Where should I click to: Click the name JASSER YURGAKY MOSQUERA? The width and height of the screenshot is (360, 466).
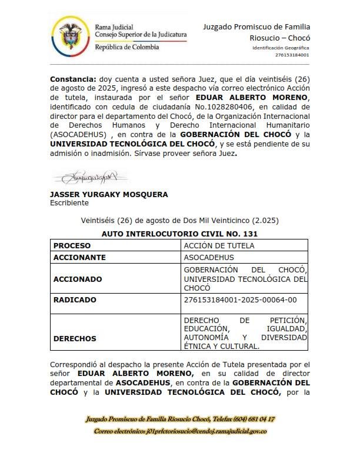(x=109, y=194)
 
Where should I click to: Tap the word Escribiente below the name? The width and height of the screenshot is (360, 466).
(x=69, y=202)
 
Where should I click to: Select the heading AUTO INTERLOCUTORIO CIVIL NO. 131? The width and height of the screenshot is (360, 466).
(x=180, y=234)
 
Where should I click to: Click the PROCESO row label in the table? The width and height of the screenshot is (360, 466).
(x=74, y=245)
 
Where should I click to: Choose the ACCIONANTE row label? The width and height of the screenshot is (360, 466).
(x=80, y=257)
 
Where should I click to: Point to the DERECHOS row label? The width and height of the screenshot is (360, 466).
(x=76, y=339)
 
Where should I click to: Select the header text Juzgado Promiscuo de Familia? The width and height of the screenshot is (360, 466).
(x=256, y=26)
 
